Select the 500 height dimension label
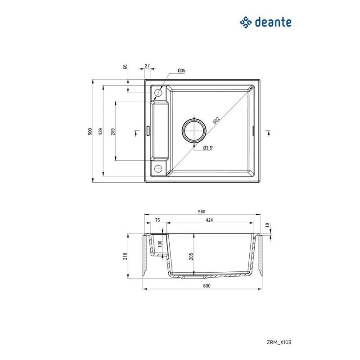tap(90, 131)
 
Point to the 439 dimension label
tap(101, 131)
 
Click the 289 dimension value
tap(113, 131)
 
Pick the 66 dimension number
tap(125, 67)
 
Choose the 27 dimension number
tap(148, 66)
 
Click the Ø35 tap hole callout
tap(182, 71)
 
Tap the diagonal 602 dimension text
tap(216, 121)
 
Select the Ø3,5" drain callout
tap(208, 148)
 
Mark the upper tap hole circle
tap(158, 93)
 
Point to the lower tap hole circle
tap(158, 169)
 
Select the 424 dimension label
tap(209, 220)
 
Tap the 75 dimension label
tap(157, 220)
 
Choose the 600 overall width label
tap(207, 286)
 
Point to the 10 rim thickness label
tap(267, 225)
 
